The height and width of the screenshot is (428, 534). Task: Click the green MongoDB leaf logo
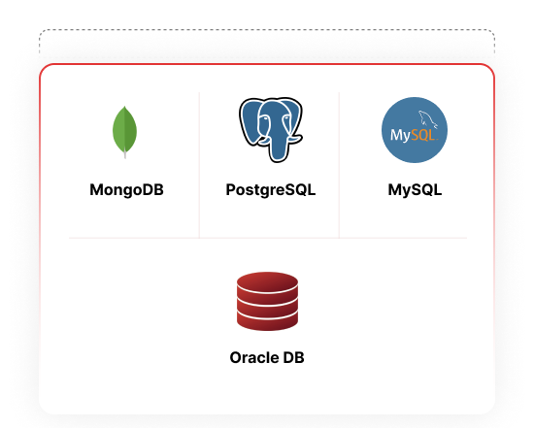tap(124, 132)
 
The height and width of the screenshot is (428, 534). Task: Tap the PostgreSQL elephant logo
tap(271, 130)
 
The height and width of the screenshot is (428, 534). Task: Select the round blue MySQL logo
tap(415, 130)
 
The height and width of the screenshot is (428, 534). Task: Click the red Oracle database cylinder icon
tap(267, 301)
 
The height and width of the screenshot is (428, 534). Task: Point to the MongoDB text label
tap(126, 190)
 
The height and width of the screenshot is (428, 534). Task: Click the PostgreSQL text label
tap(271, 190)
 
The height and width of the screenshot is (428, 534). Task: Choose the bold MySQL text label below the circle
tap(415, 190)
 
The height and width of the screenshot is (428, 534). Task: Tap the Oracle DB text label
tap(267, 357)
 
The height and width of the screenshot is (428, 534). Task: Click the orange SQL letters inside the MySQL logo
tap(423, 135)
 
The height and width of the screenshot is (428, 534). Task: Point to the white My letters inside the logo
tap(400, 136)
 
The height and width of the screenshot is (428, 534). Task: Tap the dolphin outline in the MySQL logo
tap(428, 119)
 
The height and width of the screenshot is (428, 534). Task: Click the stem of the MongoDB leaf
tap(125, 154)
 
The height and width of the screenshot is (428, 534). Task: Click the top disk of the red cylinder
tap(267, 280)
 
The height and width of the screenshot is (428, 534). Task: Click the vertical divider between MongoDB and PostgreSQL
tap(199, 165)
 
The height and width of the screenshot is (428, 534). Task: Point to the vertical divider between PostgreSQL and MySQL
tap(339, 165)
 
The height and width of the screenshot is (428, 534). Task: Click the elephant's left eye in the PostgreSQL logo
tap(263, 118)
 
